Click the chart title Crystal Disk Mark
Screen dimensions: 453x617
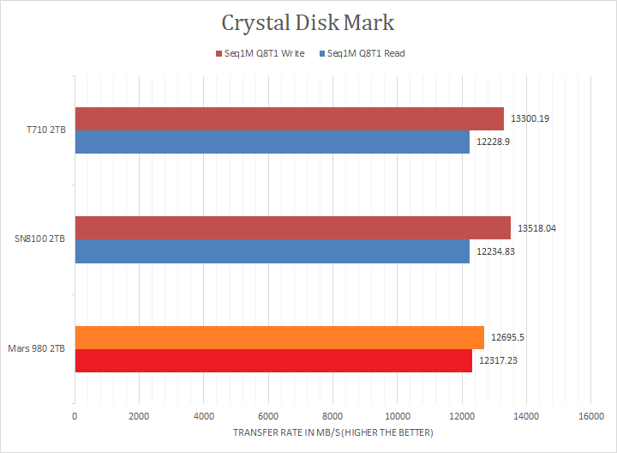coord(308,21)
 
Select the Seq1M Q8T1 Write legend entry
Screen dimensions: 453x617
coord(259,53)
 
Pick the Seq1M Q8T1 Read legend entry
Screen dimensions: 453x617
coord(362,53)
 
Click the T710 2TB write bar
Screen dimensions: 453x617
coord(289,118)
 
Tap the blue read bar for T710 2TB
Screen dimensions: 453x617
coord(272,142)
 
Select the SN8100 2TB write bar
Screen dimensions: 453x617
coord(292,227)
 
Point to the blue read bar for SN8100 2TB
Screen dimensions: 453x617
coord(272,251)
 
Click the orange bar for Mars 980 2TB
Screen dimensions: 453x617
coord(279,337)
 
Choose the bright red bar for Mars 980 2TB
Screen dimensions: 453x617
coord(273,360)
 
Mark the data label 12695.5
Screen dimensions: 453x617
coord(507,337)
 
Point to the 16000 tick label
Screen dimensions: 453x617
coord(590,416)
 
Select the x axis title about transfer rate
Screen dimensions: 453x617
coord(332,432)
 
